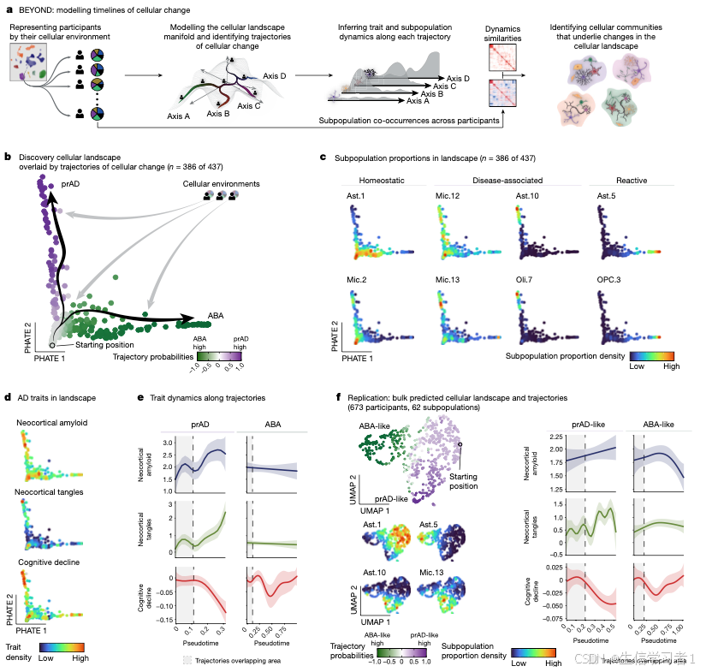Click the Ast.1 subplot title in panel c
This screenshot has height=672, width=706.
354,197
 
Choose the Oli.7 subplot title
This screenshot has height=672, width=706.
527,277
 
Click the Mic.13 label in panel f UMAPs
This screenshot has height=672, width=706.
431,570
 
